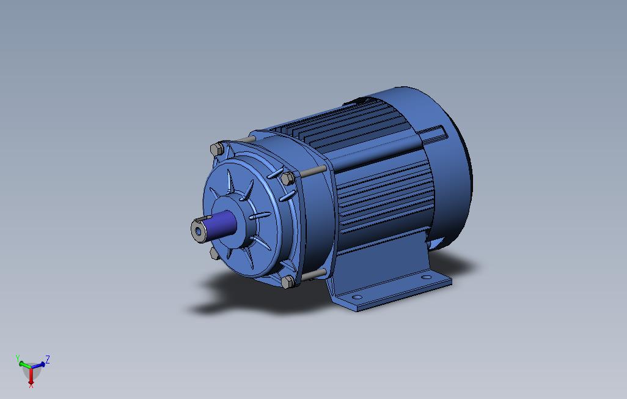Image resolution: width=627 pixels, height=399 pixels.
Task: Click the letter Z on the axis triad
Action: click(47, 359)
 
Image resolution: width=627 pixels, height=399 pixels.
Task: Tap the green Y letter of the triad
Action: click(18, 357)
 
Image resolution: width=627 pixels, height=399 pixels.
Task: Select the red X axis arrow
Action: click(31, 378)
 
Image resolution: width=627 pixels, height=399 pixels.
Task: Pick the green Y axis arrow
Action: click(24, 364)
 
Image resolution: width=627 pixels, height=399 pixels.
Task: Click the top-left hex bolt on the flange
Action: click(216, 149)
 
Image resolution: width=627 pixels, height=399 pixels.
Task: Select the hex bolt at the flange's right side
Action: click(287, 178)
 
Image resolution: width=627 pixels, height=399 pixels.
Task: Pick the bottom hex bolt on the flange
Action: click(287, 282)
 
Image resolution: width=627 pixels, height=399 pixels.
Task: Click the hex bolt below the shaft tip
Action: click(213, 251)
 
